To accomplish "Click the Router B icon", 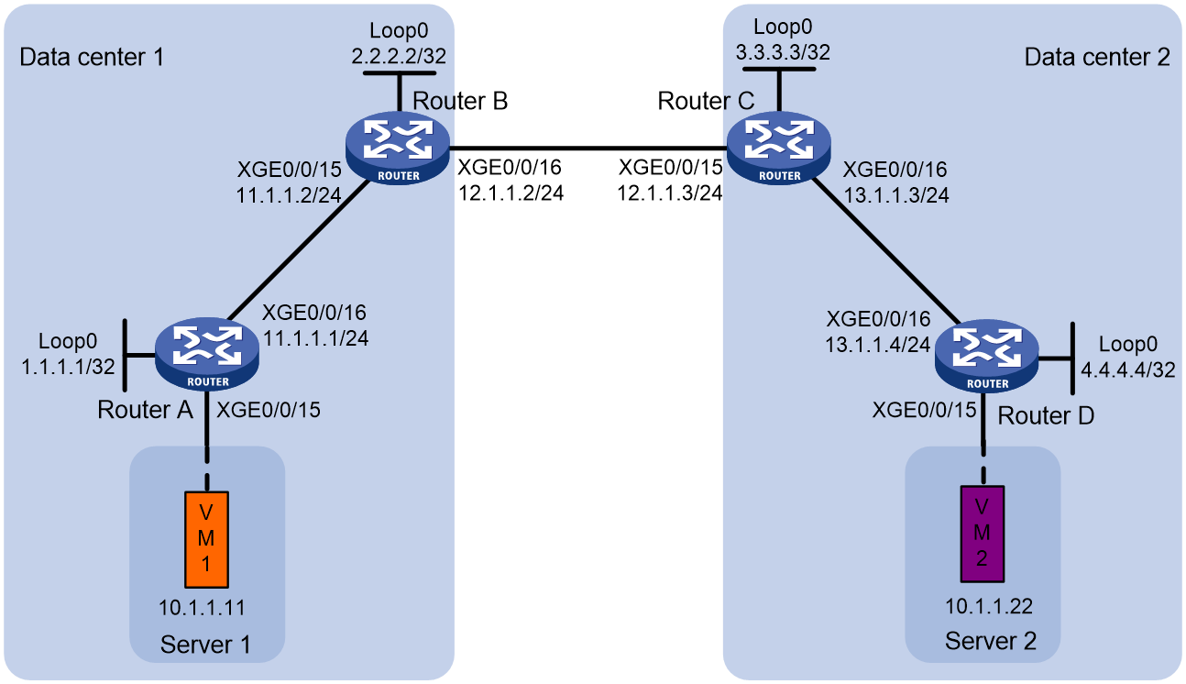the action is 398,148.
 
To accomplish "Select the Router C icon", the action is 779,148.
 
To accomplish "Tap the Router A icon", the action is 207,354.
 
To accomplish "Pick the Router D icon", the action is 987,356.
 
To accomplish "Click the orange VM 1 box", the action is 206,539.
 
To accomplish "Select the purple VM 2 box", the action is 983,534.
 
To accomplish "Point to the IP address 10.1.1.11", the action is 202,608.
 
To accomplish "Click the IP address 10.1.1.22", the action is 989,606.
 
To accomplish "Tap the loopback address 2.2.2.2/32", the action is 399,56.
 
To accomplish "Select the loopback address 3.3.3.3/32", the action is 783,52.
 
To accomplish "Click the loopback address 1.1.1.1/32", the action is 68,366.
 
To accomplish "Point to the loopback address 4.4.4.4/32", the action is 1127,370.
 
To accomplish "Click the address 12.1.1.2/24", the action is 511,193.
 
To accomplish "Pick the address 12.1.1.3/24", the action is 670,193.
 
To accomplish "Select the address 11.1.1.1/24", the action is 315,338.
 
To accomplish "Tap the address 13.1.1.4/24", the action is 878,345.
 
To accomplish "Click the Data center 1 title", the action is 93,57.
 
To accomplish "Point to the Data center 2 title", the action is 1097,57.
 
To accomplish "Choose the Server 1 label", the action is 205,645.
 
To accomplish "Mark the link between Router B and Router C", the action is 588,148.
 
